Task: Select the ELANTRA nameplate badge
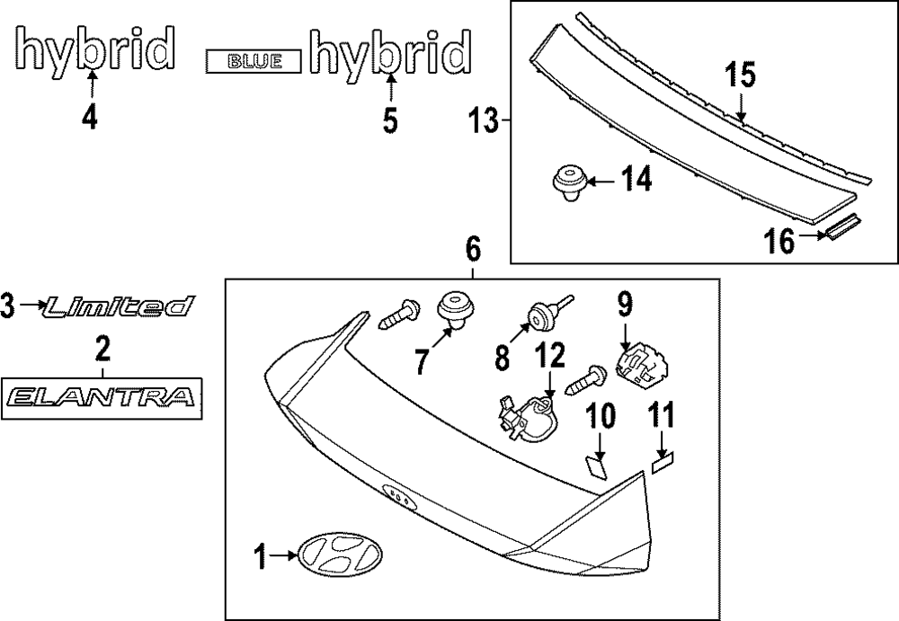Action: point(101,396)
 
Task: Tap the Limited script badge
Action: point(118,307)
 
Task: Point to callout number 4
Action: point(90,119)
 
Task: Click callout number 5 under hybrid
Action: point(389,120)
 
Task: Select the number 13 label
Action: point(484,120)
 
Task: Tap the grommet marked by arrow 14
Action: point(568,184)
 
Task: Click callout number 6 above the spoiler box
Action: point(473,248)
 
